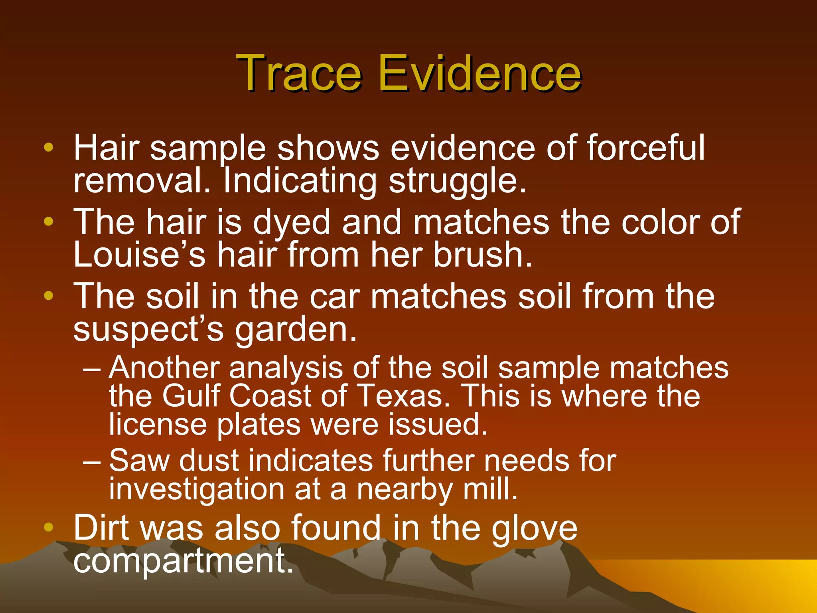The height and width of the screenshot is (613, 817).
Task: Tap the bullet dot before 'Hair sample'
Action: [x=49, y=147]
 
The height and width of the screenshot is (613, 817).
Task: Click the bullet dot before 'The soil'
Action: [x=49, y=296]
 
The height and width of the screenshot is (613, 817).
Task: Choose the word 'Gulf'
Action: [x=191, y=396]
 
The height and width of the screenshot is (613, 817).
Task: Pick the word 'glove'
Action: [x=534, y=528]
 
